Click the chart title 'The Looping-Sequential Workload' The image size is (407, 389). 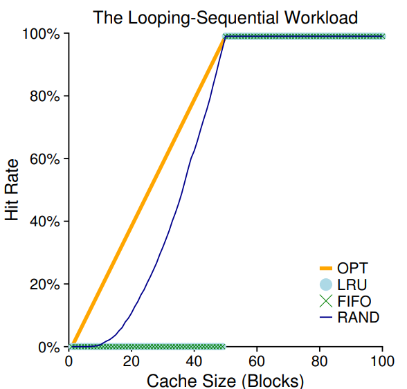226,17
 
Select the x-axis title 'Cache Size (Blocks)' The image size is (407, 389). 225,380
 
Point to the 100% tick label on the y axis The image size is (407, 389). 43,34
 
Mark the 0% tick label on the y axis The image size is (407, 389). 49,347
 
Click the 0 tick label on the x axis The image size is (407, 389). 69,361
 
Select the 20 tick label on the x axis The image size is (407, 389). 132,361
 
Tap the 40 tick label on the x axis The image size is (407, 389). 195,361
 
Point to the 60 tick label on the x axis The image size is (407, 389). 257,361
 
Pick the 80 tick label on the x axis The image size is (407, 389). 320,361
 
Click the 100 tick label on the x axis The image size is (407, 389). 383,361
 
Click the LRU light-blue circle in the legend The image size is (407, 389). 325,284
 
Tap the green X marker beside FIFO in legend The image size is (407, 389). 325,301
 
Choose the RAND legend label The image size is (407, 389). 358,318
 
